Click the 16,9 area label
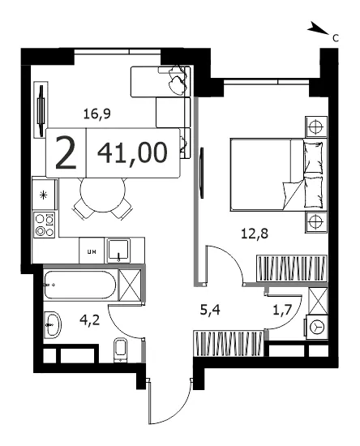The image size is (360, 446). pyautogui.click(x=97, y=114)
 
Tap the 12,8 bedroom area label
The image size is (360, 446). pyautogui.click(x=255, y=234)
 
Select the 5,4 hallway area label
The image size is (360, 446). pyautogui.click(x=210, y=310)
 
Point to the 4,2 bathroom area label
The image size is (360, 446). pyautogui.click(x=89, y=319)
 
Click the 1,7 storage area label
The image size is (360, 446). pyautogui.click(x=282, y=310)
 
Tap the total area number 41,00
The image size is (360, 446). pyautogui.click(x=132, y=152)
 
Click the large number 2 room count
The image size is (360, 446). pyautogui.click(x=66, y=152)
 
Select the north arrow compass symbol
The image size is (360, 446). pyautogui.click(x=318, y=28)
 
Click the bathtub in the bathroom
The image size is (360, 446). pyautogui.click(x=80, y=285)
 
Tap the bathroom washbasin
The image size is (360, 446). pyautogui.click(x=53, y=324)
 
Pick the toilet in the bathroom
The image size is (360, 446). pyautogui.click(x=122, y=350)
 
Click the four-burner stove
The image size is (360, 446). pyautogui.click(x=45, y=225)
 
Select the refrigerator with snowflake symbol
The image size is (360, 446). pyautogui.click(x=44, y=195)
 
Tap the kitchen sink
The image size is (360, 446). pyautogui.click(x=118, y=251)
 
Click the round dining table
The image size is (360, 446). pyautogui.click(x=103, y=195)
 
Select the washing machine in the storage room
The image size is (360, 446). pyautogui.click(x=316, y=327)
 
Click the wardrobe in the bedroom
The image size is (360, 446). pyautogui.click(x=291, y=268)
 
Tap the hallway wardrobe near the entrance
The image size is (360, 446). pyautogui.click(x=229, y=343)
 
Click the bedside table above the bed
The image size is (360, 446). pyautogui.click(x=316, y=127)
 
